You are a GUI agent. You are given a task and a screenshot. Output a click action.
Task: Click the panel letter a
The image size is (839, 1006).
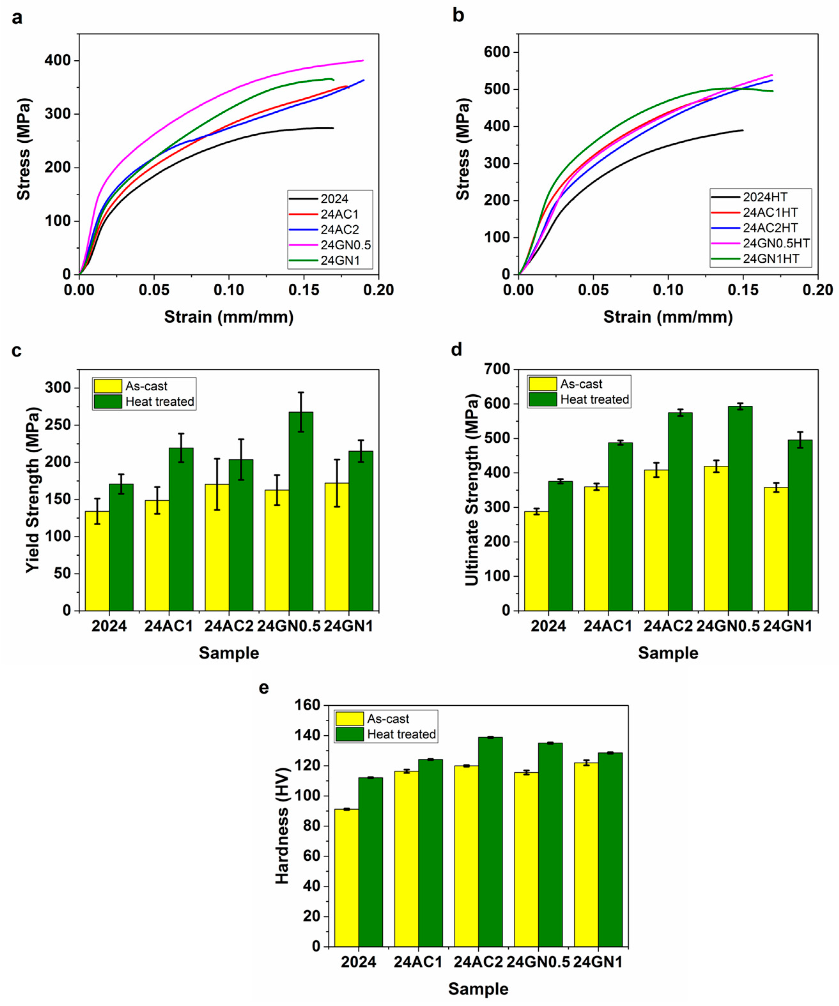(17, 18)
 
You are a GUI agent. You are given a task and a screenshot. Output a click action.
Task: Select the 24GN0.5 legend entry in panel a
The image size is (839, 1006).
(345, 245)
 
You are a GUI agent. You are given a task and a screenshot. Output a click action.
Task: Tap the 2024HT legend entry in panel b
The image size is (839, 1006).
(765, 197)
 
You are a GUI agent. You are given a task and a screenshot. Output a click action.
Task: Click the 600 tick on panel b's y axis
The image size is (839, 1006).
(497, 52)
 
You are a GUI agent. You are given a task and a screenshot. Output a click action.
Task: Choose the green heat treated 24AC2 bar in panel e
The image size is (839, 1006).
(490, 842)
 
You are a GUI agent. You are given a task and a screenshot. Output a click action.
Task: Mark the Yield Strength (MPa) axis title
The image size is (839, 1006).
(33, 490)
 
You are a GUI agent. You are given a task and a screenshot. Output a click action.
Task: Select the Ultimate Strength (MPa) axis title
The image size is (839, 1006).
(472, 490)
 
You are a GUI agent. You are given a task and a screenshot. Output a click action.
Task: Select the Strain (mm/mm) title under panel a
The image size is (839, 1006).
(229, 317)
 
